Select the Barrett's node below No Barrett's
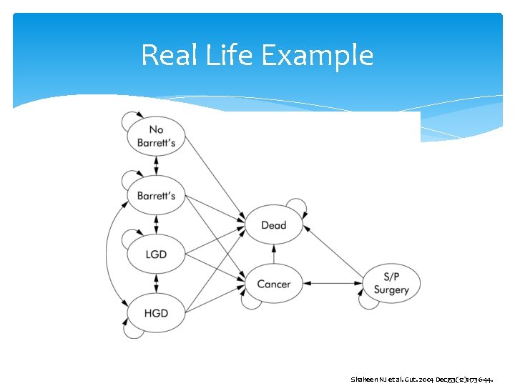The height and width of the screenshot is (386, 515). [x=156, y=195]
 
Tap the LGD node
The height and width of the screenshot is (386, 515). [x=156, y=254]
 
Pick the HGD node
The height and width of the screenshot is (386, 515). [x=156, y=312]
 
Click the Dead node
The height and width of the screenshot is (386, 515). [x=273, y=225]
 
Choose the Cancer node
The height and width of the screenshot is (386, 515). [x=273, y=284]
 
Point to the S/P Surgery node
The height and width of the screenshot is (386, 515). [x=391, y=284]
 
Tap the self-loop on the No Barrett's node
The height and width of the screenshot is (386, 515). [x=132, y=117]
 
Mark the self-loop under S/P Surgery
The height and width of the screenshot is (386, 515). [x=368, y=303]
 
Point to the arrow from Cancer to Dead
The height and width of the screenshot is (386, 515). [x=273, y=254]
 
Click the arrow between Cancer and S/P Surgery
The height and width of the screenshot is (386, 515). [x=333, y=284]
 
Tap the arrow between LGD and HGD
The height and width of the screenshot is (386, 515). [x=156, y=283]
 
